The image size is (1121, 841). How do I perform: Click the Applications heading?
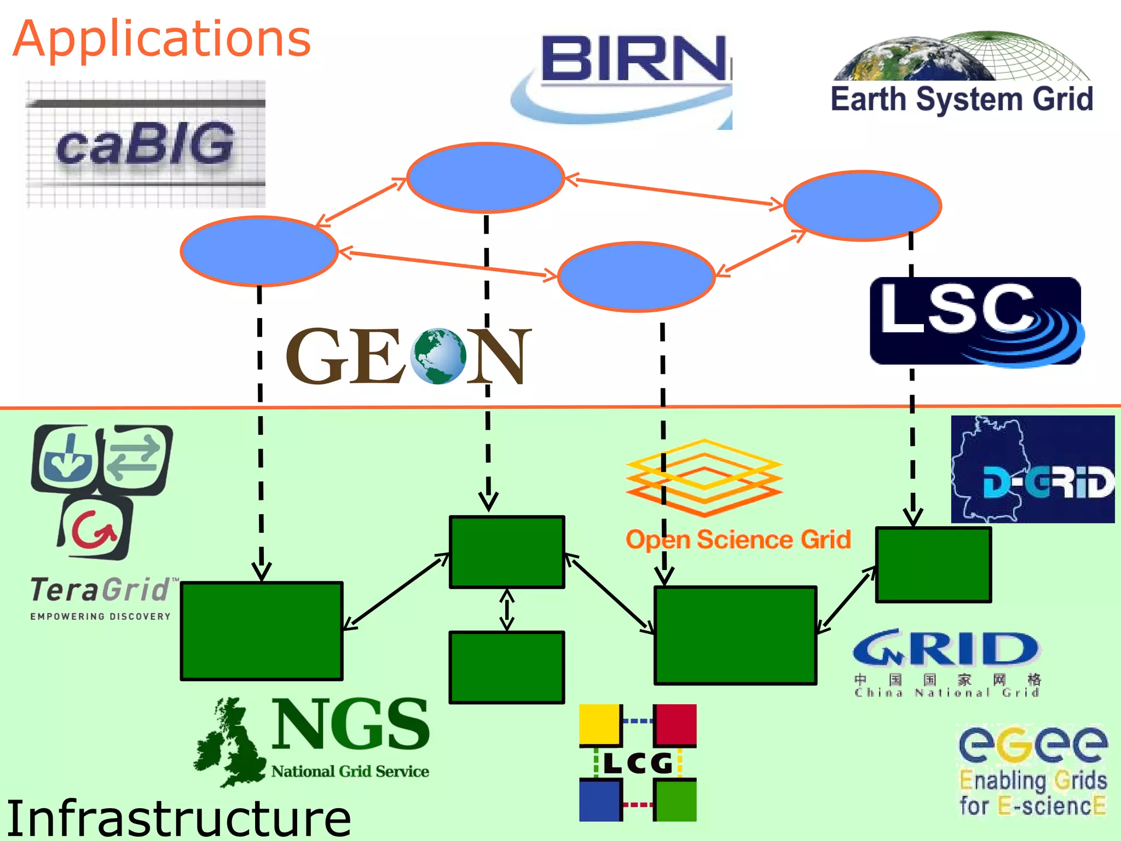[x=162, y=39]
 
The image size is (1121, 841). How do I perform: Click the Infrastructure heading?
[x=178, y=818]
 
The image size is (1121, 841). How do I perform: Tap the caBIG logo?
[x=146, y=144]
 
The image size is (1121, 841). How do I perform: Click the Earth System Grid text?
[x=962, y=100]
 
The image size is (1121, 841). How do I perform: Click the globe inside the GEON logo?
[x=438, y=356]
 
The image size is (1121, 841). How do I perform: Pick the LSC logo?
[x=975, y=321]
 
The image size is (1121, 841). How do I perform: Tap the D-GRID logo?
[x=1032, y=469]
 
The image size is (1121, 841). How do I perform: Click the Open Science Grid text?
[x=738, y=540]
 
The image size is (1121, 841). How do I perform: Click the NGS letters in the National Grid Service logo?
[x=350, y=724]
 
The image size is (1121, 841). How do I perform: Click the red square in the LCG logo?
[x=675, y=724]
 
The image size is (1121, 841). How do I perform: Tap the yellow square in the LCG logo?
[x=600, y=724]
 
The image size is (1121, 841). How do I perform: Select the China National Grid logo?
[x=947, y=663]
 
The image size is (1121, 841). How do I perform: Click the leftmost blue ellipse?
[x=259, y=251]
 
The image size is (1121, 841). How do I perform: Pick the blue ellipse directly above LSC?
[x=862, y=205]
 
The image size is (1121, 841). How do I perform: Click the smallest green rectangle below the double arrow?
[x=506, y=667]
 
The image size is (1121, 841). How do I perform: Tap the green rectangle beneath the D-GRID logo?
[x=933, y=564]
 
